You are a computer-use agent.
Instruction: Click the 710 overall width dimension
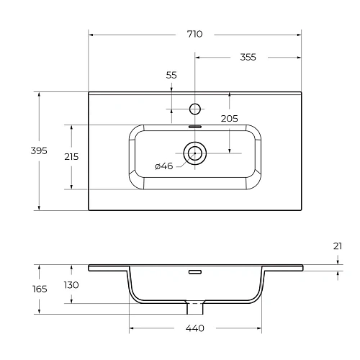pos(194,34)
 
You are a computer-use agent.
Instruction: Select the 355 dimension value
pos(247,57)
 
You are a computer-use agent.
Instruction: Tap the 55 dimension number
pos(171,75)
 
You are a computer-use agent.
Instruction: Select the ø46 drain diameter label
pos(164,166)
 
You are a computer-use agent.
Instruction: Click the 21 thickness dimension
pos(338,246)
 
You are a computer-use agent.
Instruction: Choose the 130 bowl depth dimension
pos(71,285)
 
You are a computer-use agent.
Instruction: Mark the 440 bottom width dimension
pos(194,329)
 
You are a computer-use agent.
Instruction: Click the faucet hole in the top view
pos(194,109)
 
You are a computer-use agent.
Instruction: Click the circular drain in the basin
pos(194,153)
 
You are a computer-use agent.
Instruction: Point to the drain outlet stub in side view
pos(194,307)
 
